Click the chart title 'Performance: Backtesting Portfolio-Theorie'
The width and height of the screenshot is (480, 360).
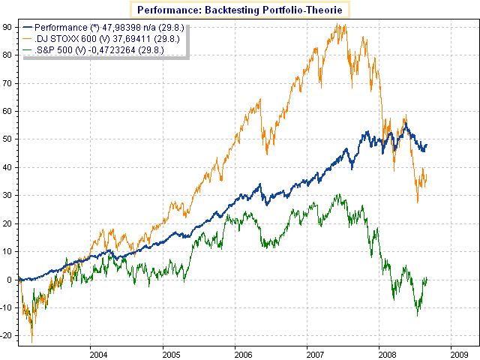coord(241,10)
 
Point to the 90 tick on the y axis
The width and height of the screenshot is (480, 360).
coord(7,26)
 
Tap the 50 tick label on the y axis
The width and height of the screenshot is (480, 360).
coord(7,139)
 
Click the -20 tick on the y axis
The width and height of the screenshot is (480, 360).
coord(7,335)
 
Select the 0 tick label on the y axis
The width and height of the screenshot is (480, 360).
coord(10,279)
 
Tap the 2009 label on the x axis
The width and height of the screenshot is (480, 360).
coord(458,352)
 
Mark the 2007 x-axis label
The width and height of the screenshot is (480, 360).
coord(313,352)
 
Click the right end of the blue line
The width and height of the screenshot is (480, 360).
coord(427,144)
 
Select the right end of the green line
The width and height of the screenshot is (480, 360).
coord(427,278)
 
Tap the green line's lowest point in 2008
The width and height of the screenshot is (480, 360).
coord(418,316)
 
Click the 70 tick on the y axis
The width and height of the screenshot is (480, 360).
coord(7,82)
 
